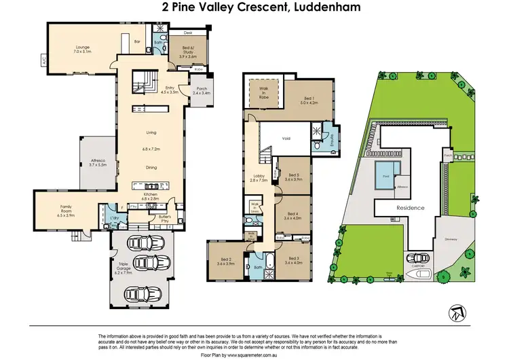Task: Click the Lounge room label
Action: (x=82, y=48)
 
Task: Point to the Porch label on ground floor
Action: (x=202, y=90)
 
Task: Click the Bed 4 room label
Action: (x=293, y=215)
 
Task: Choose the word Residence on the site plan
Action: (x=410, y=208)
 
